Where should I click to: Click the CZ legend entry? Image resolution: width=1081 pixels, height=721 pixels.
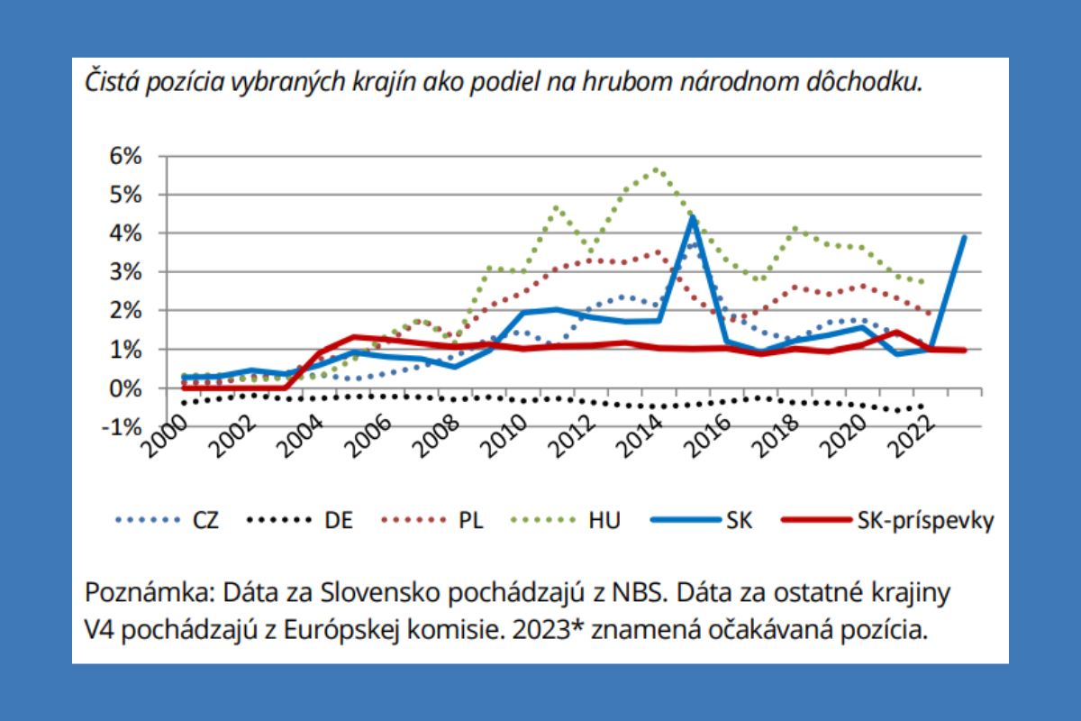point(204,520)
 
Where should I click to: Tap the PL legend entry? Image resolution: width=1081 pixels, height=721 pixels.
point(471,520)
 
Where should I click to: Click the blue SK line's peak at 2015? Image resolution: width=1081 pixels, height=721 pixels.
point(692,216)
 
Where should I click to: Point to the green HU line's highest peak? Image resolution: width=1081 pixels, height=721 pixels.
point(657,169)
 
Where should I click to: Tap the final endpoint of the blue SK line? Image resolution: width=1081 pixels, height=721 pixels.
point(965,237)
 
